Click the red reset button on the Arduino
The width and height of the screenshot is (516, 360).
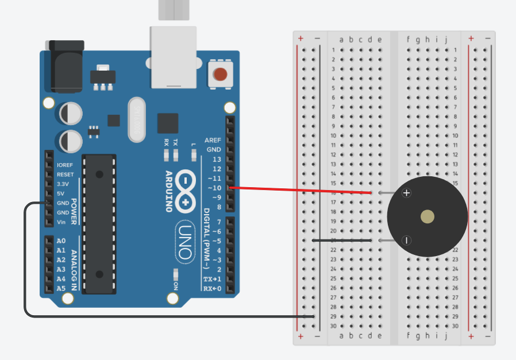pos(220,74)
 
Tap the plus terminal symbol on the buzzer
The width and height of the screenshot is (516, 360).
pos(407,193)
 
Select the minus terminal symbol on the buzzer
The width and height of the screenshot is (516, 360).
pos(406,240)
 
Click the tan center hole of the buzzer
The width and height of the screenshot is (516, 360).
pos(428,216)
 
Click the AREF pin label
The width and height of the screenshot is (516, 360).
pos(213,140)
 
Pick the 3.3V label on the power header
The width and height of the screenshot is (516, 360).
pos(63,184)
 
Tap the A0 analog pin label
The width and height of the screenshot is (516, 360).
pos(61,241)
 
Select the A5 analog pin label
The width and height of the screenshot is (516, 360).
pos(61,289)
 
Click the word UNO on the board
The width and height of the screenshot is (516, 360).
pos(185,242)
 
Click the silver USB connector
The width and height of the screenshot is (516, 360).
pos(174,57)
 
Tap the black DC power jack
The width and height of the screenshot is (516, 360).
pos(67,65)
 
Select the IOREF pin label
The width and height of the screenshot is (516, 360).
pos(65,165)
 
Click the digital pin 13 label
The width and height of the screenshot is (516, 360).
pos(216,159)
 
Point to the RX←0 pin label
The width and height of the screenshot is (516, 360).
pos(212,288)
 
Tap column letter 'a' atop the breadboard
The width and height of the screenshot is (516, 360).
pos(341,40)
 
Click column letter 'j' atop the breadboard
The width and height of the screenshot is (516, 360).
pos(446,40)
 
